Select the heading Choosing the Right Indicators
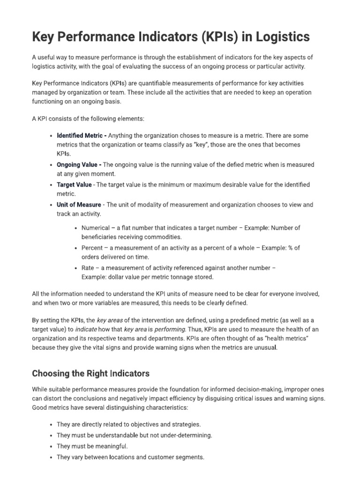(90, 374)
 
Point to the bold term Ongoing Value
(77, 165)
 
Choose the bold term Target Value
(75, 185)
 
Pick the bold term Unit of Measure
(79, 205)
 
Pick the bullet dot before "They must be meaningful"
(51, 446)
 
